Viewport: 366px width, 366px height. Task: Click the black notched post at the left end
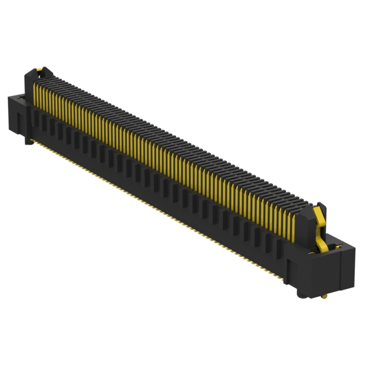29,80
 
